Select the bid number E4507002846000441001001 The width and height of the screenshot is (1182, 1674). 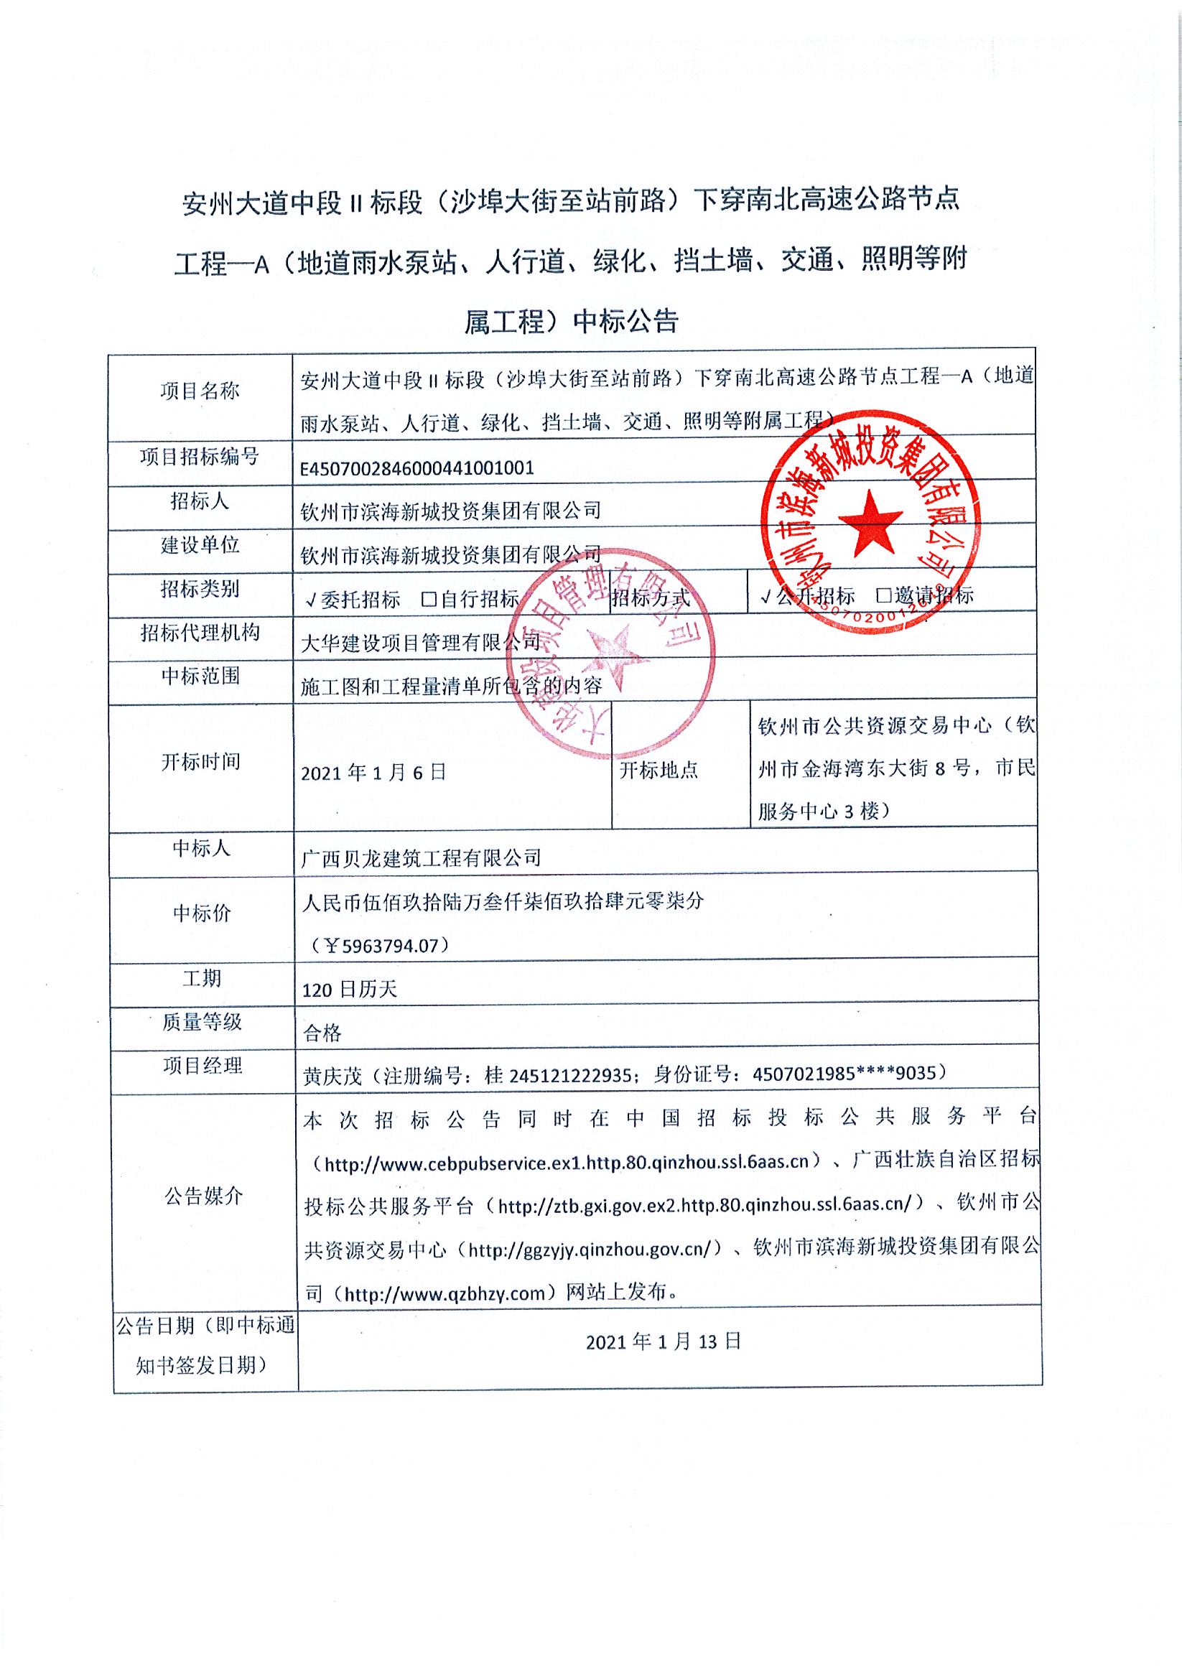click(417, 468)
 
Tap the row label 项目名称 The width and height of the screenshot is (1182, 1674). click(200, 391)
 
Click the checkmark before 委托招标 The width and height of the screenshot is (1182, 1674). click(311, 600)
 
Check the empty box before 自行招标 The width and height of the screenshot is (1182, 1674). click(429, 600)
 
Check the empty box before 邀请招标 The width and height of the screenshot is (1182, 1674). click(884, 595)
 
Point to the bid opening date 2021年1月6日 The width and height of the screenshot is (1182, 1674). click(373, 772)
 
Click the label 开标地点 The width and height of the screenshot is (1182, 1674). click(659, 770)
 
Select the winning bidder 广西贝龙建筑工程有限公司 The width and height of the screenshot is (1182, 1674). click(422, 857)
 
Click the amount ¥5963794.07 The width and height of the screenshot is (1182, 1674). click(379, 947)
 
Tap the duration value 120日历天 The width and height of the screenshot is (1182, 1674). click(349, 990)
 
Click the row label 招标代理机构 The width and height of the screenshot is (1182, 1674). click(200, 632)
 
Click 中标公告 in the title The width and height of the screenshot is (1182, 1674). click(625, 321)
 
